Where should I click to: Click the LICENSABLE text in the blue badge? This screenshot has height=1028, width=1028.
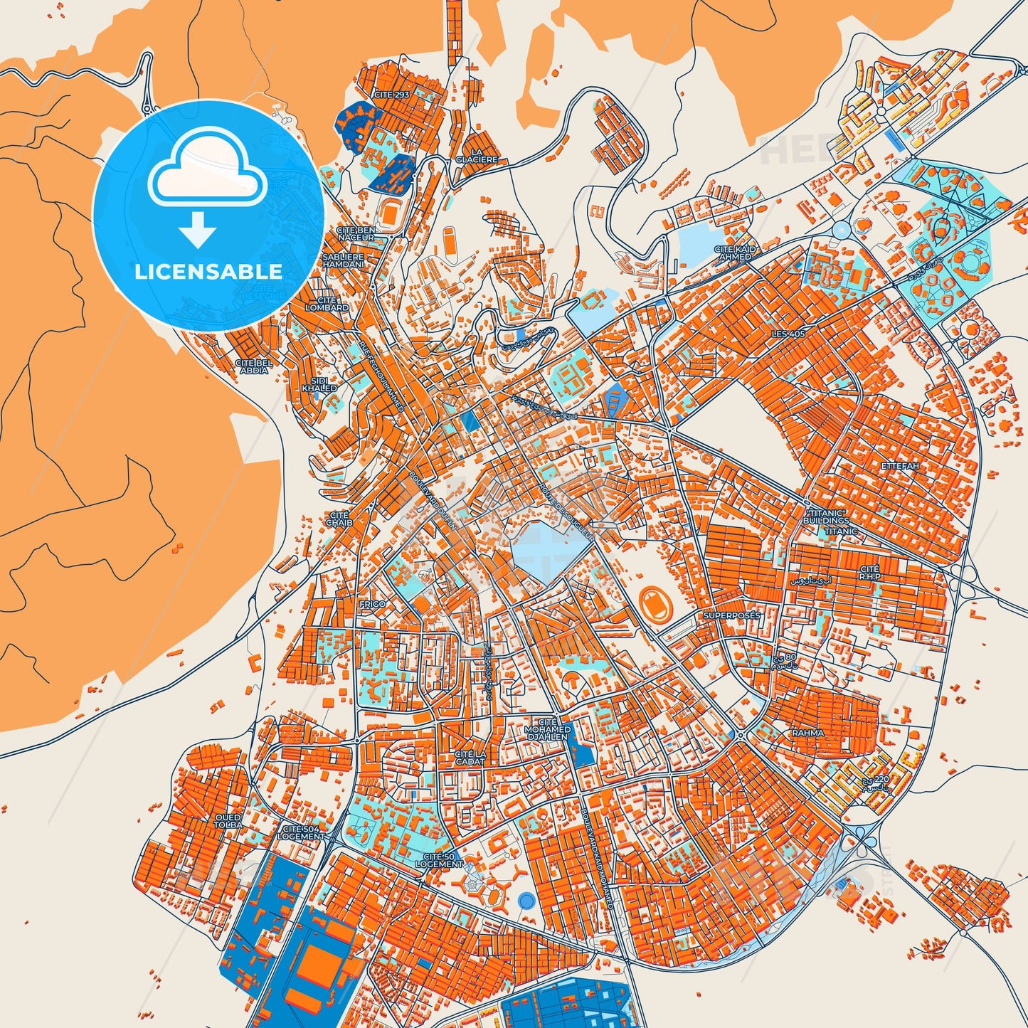pyautogui.click(x=208, y=271)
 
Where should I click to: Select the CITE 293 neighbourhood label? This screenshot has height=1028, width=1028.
pyautogui.click(x=392, y=94)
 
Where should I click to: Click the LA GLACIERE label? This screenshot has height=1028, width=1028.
pyautogui.click(x=477, y=157)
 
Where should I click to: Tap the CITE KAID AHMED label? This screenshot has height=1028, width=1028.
pyautogui.click(x=735, y=253)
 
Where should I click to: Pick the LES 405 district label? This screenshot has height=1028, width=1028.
pyautogui.click(x=788, y=334)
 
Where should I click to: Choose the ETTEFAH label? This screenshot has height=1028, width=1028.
pyautogui.click(x=900, y=466)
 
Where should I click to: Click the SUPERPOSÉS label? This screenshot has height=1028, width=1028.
pyautogui.click(x=731, y=615)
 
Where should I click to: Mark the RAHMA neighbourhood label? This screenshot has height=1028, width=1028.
pyautogui.click(x=808, y=732)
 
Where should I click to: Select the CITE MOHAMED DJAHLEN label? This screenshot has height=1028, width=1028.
pyautogui.click(x=547, y=729)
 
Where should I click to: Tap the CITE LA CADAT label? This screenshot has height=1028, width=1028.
pyautogui.click(x=470, y=757)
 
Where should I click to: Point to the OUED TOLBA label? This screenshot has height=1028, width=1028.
pyautogui.click(x=228, y=822)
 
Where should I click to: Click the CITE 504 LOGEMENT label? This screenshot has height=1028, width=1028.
pyautogui.click(x=302, y=833)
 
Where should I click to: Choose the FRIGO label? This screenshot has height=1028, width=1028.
pyautogui.click(x=373, y=604)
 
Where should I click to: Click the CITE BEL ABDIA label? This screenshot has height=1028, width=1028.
pyautogui.click(x=254, y=366)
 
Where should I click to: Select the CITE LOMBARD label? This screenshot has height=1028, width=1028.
pyautogui.click(x=327, y=304)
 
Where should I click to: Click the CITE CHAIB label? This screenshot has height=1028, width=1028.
pyautogui.click(x=339, y=518)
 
